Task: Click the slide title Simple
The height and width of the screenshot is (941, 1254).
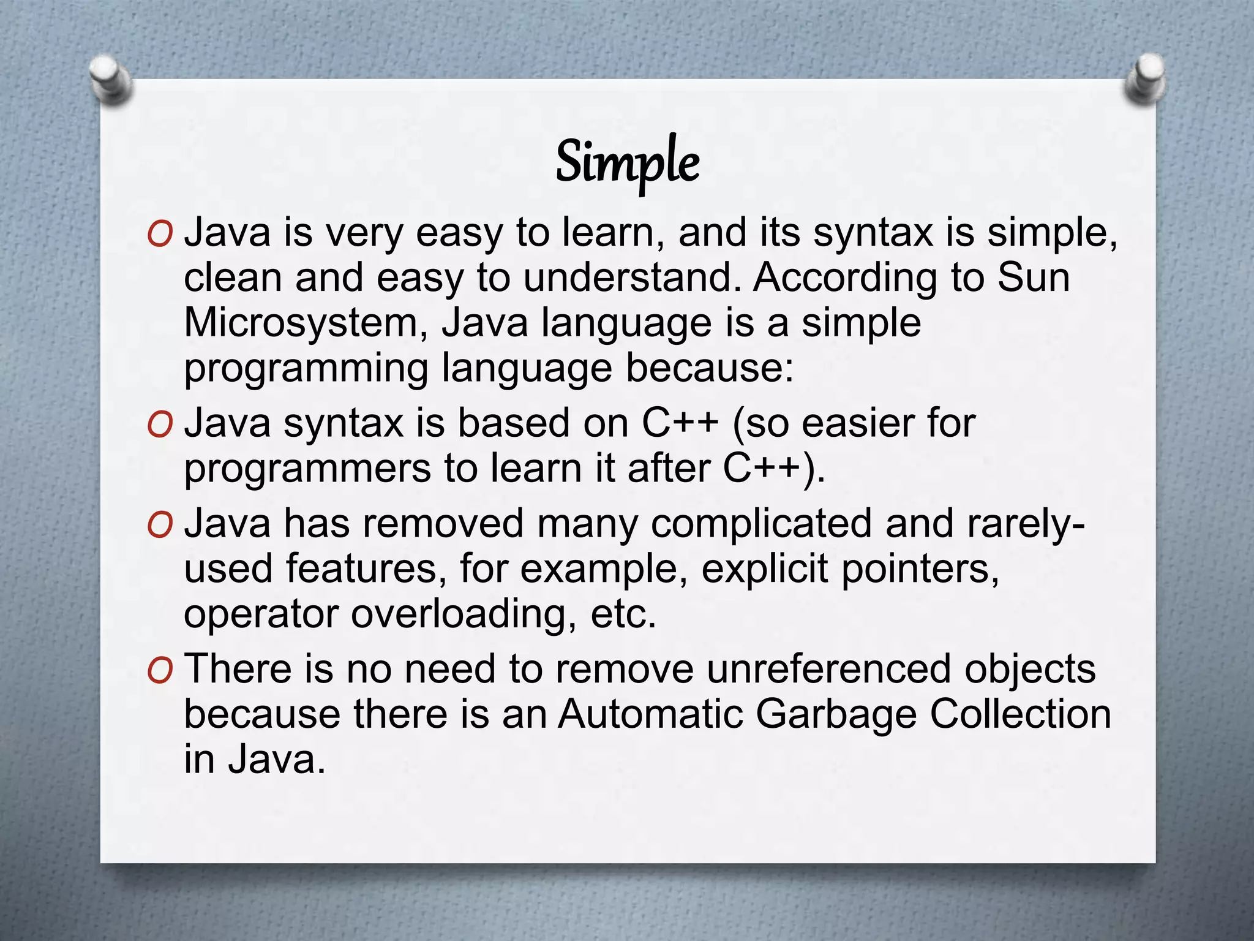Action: tap(627, 162)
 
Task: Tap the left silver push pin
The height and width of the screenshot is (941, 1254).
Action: tap(110, 78)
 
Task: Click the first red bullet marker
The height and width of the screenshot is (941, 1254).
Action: tap(160, 234)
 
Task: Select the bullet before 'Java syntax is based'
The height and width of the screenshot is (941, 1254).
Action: tap(160, 425)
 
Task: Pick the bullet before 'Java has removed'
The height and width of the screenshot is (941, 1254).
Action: tap(160, 525)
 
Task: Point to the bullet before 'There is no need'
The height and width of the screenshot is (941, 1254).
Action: tap(160, 670)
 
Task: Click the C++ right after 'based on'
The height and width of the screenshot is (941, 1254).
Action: tap(680, 423)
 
